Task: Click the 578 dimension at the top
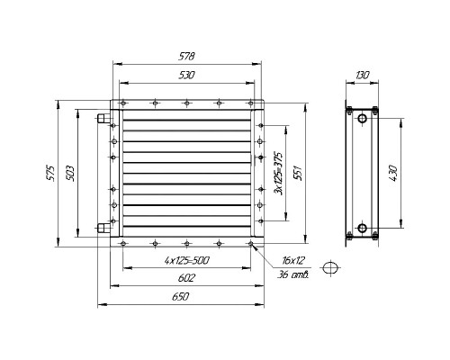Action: pyautogui.click(x=187, y=57)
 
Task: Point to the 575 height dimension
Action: pyautogui.click(x=52, y=170)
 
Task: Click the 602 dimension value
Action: pyautogui.click(x=186, y=278)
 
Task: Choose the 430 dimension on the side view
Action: pyautogui.click(x=391, y=170)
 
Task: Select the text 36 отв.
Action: pyautogui.click(x=293, y=274)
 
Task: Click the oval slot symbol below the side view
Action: pyautogui.click(x=332, y=267)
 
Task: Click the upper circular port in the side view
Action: pyautogui.click(x=361, y=117)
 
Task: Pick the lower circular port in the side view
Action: pyautogui.click(x=361, y=228)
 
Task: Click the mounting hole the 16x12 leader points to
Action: pyautogui.click(x=254, y=242)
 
